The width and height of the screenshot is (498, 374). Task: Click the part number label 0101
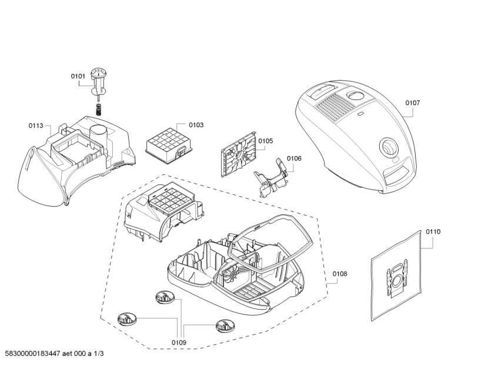[78, 76]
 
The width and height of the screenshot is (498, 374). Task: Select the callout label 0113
[36, 125]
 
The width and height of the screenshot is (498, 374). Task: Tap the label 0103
[196, 125]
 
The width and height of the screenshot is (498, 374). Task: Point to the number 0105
[266, 141]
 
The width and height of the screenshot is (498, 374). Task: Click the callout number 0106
[294, 158]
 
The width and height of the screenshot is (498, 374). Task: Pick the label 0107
[413, 102]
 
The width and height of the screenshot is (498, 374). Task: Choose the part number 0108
[340, 273]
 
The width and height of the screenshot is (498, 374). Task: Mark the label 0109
[179, 342]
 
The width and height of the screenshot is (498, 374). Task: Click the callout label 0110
[433, 231]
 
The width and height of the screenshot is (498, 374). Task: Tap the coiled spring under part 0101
[99, 109]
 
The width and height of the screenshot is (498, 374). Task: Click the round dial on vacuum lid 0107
[388, 147]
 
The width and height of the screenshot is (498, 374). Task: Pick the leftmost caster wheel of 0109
[126, 320]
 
